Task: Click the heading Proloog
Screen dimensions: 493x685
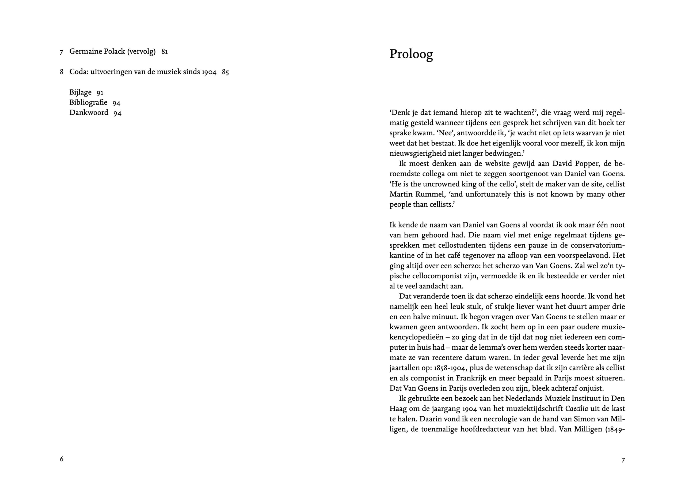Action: pyautogui.click(x=411, y=54)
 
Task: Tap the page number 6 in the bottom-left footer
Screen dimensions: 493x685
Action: pyautogui.click(x=62, y=459)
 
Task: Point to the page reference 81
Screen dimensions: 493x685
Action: pyautogui.click(x=165, y=52)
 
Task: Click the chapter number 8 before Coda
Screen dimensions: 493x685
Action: pyautogui.click(x=62, y=72)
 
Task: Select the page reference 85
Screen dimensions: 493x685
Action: pyautogui.click(x=225, y=72)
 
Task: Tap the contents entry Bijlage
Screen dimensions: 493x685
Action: pyautogui.click(x=80, y=92)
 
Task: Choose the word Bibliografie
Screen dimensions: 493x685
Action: pyautogui.click(x=88, y=103)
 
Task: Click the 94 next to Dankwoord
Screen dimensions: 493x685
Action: pyautogui.click(x=117, y=113)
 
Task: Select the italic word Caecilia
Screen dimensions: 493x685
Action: pyautogui.click(x=577, y=409)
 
